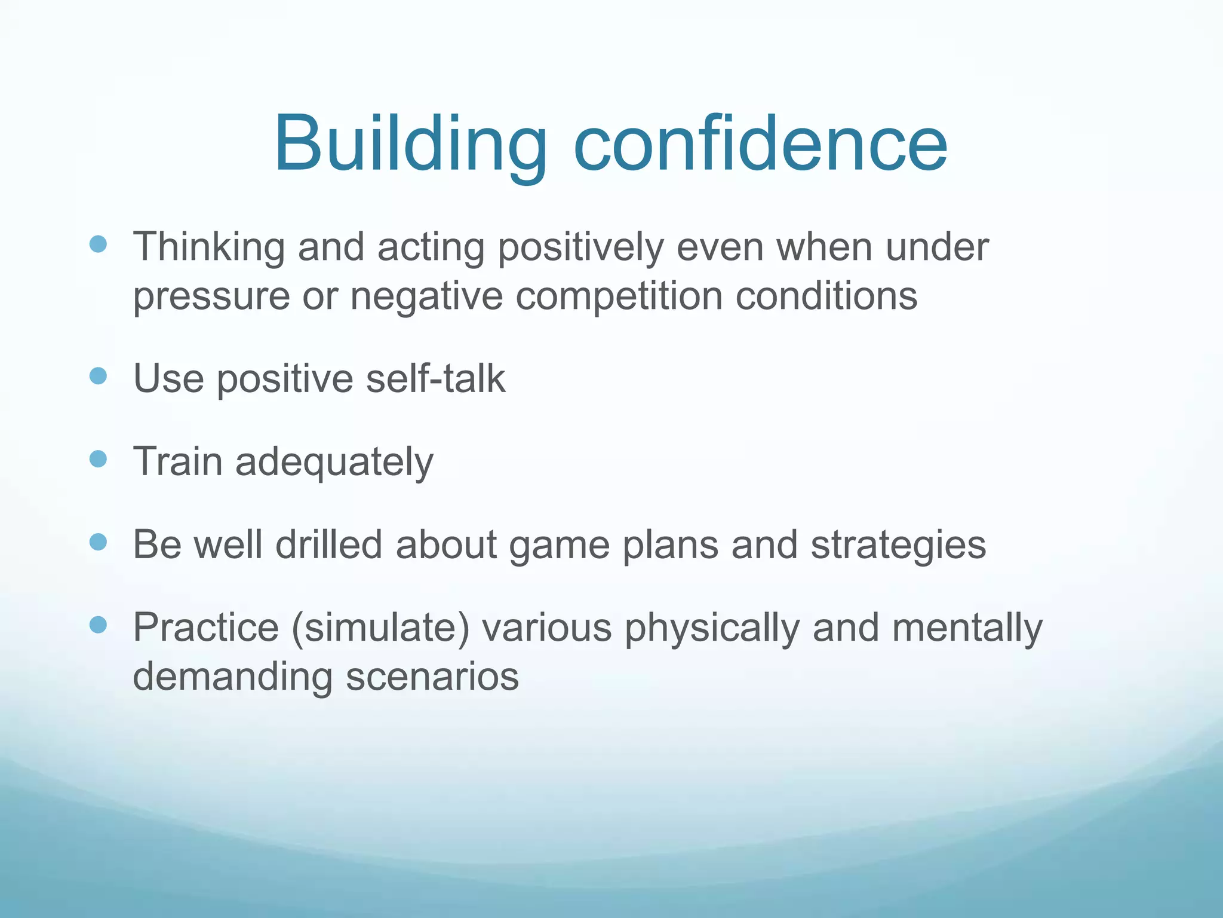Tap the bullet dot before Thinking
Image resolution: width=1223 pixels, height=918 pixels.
98,244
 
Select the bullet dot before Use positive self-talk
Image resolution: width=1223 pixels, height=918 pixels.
98,376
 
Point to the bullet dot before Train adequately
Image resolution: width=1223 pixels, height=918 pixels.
98,459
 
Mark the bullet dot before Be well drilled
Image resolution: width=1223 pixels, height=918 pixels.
98,542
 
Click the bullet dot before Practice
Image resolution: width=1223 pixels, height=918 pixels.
98,625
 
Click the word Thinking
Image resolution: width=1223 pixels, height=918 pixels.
208,247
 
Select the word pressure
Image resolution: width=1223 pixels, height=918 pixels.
211,297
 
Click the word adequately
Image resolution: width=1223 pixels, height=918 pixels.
334,463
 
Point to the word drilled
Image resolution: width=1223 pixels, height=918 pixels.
328,544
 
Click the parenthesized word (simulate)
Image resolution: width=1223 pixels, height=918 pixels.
380,628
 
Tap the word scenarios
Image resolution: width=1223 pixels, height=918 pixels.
432,677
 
